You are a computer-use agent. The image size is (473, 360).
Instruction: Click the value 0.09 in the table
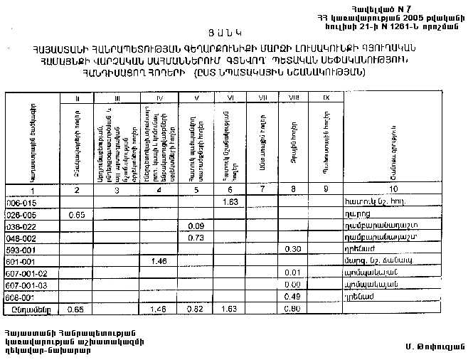tap(196, 226)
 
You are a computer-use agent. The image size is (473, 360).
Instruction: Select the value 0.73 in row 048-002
tap(196, 238)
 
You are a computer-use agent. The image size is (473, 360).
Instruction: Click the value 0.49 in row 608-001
tap(290, 296)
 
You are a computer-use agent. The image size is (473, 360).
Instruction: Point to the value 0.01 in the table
tap(290, 272)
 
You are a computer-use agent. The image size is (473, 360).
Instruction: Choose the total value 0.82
tap(196, 309)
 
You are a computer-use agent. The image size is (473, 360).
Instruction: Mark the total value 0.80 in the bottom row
tap(290, 309)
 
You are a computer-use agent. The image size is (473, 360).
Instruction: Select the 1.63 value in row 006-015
tap(229, 203)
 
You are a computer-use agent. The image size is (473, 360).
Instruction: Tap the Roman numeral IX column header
tap(324, 97)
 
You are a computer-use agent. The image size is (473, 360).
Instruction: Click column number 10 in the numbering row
tap(394, 190)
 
